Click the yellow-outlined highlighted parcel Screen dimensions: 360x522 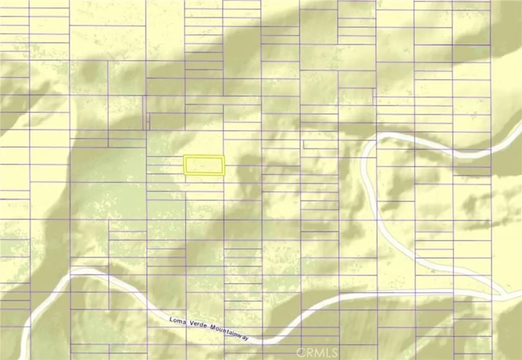pyautogui.click(x=204, y=165)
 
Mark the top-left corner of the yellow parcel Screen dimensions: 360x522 pyautogui.click(x=184, y=157)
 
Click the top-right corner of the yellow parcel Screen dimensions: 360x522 pyautogui.click(x=224, y=157)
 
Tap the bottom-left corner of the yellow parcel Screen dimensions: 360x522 pyautogui.click(x=184, y=174)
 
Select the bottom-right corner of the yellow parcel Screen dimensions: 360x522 pyautogui.click(x=224, y=174)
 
